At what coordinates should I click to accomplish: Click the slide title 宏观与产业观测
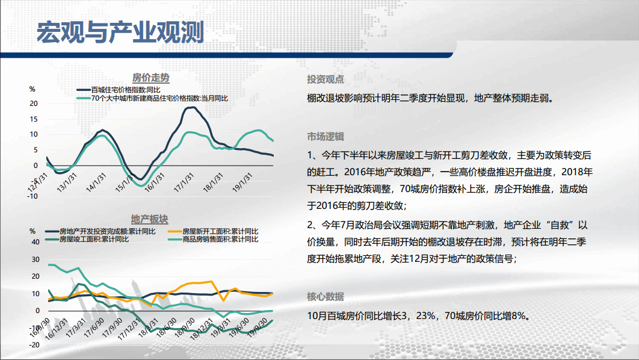click(x=120, y=33)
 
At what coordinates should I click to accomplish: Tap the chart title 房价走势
click(x=151, y=78)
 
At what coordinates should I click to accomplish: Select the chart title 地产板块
click(x=150, y=219)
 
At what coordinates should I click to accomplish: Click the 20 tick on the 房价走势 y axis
click(x=34, y=104)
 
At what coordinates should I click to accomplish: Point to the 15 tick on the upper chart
click(x=34, y=119)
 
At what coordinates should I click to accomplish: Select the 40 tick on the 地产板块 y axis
click(x=35, y=242)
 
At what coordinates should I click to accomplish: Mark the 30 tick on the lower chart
click(x=35, y=259)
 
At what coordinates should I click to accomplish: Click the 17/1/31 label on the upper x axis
click(x=184, y=182)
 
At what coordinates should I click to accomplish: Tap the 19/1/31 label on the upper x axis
click(x=242, y=182)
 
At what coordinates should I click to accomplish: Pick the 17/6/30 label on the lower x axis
click(x=94, y=327)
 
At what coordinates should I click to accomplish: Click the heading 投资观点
click(x=325, y=79)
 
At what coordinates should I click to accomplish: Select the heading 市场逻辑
click(x=325, y=137)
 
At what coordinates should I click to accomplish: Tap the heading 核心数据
click(x=325, y=296)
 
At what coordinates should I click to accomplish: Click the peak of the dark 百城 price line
click(x=191, y=108)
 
